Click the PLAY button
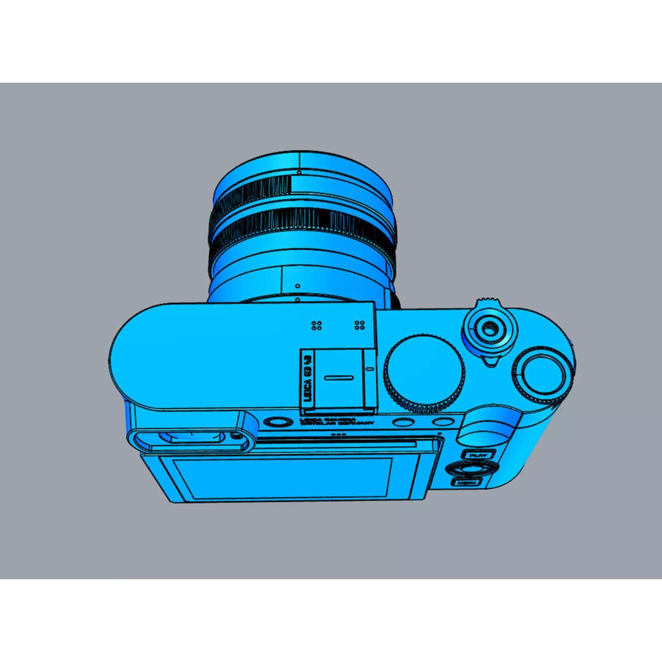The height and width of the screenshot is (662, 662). tap(477, 455)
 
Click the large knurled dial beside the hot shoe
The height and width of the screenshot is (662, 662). tap(424, 371)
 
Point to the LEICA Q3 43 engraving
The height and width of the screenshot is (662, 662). tap(309, 378)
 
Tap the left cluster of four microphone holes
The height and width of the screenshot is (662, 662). tap(317, 325)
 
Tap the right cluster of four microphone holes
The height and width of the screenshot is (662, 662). tap(360, 325)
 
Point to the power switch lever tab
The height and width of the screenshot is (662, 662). tap(489, 362)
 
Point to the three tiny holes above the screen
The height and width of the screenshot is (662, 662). tap(337, 434)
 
